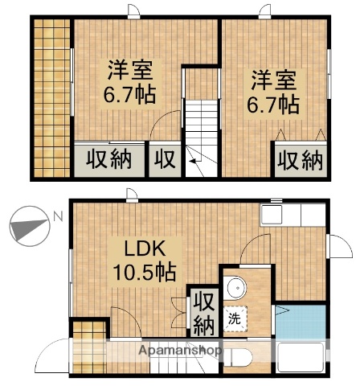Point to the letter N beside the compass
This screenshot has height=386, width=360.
56,216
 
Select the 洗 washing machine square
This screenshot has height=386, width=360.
234,318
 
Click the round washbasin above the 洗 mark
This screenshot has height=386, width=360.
235,289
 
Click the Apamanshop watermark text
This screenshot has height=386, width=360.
180,351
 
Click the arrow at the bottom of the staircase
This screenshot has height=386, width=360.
194,166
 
